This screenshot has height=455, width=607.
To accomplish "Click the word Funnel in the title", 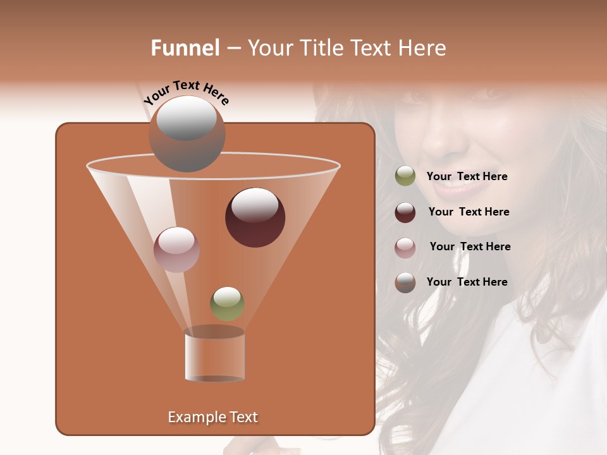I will pyautogui.click(x=185, y=48).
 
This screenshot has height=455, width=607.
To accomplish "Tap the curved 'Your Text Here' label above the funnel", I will pyautogui.click(x=186, y=93).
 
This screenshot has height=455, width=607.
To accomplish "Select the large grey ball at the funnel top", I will pyautogui.click(x=187, y=134).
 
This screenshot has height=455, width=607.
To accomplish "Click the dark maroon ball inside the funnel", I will pyautogui.click(x=255, y=217).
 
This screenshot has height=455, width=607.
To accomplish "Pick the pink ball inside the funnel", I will pyautogui.click(x=176, y=249).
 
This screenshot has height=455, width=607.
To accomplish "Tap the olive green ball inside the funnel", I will pyautogui.click(x=227, y=303).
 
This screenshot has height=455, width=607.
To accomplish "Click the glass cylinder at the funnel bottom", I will pyautogui.click(x=214, y=356).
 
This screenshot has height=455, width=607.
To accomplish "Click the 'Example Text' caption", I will pyautogui.click(x=212, y=417).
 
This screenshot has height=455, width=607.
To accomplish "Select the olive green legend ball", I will pyautogui.click(x=405, y=176).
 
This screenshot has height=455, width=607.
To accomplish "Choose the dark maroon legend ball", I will pyautogui.click(x=405, y=212).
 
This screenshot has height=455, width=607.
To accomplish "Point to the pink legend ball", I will pyautogui.click(x=405, y=247).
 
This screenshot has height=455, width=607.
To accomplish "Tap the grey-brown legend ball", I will pyautogui.click(x=405, y=282).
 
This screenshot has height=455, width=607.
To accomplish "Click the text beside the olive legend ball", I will pyautogui.click(x=467, y=177).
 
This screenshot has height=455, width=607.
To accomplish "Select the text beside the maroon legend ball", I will pyautogui.click(x=469, y=212).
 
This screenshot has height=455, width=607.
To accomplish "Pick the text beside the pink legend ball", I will pyautogui.click(x=470, y=246).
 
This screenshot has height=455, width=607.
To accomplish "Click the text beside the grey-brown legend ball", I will pyautogui.click(x=467, y=282).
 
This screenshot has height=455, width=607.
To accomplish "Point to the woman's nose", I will pyautogui.click(x=439, y=142).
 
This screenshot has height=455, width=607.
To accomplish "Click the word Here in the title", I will pyautogui.click(x=423, y=48).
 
